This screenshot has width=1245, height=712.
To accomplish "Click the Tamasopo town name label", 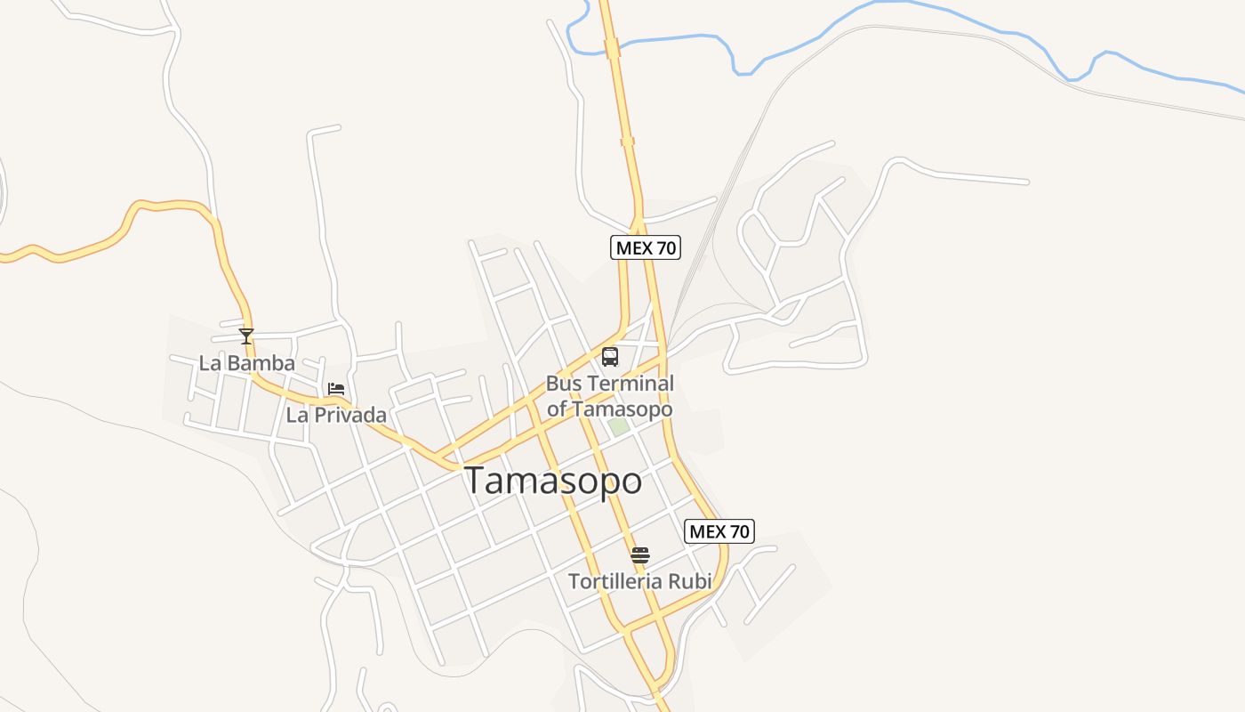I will tap(553, 481).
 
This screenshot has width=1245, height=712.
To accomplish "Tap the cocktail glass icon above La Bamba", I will tap(246, 336).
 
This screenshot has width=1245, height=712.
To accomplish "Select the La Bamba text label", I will tap(246, 363).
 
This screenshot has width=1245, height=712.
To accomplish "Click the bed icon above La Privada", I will tap(336, 389).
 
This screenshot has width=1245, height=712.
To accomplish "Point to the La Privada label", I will tap(336, 415).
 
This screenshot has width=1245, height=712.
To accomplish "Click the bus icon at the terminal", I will tap(610, 357).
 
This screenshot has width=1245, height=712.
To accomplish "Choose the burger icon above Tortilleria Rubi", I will tap(640, 555).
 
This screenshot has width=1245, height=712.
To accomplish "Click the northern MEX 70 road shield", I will tap(646, 248).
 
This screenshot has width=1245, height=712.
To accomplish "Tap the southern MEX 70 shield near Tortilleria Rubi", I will tap(720, 531).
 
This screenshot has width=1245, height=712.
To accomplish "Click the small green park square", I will tap(619, 426).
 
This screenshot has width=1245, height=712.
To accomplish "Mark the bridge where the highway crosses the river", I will tap(612, 47).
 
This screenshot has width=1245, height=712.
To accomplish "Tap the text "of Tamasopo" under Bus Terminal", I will tap(610, 409).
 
